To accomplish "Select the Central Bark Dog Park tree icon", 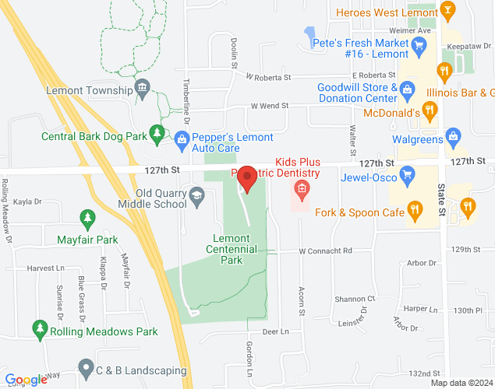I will point(157,133).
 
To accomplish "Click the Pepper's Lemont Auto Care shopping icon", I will point(182,138).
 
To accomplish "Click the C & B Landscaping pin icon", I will point(86,366).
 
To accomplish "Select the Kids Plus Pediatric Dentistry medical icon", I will point(300,189).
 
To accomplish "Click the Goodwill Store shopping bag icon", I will point(406,93).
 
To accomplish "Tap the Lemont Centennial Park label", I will point(232,249).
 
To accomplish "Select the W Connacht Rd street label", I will point(326,251).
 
